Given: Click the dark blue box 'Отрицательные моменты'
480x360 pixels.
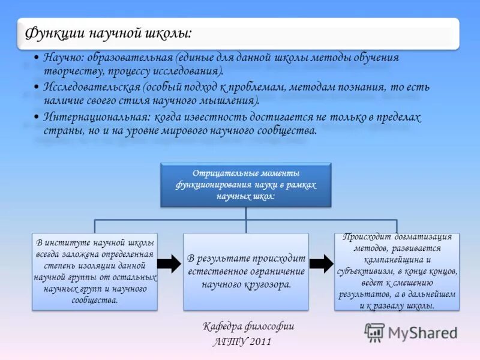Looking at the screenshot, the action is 245,184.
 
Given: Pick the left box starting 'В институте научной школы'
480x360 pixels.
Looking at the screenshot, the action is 95,271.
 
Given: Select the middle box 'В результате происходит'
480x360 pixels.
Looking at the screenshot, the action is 245,271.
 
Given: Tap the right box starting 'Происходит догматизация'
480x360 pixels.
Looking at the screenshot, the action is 397,271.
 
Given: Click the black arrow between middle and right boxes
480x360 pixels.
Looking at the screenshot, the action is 321,263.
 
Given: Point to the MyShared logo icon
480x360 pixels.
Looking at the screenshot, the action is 374,332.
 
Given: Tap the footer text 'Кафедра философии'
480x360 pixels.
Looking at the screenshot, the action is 248,327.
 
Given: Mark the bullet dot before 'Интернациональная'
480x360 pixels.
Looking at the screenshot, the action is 37,118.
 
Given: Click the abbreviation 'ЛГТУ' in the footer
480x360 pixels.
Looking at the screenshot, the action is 227,343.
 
